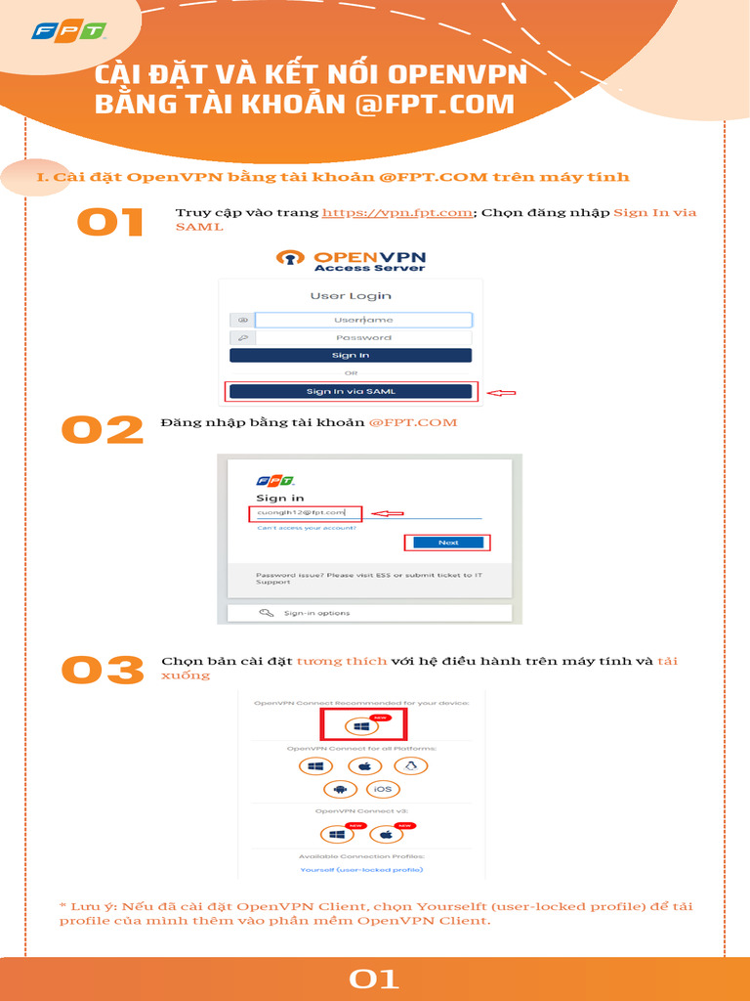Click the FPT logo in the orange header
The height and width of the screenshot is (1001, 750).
(x=67, y=31)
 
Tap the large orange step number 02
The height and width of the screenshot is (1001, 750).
(x=103, y=430)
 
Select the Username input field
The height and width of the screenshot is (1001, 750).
(x=363, y=320)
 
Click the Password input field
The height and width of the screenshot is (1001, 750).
(x=363, y=338)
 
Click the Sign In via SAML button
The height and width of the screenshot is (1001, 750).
(x=351, y=391)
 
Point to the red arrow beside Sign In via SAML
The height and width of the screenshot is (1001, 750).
(x=501, y=393)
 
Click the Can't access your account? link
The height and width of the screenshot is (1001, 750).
(x=306, y=528)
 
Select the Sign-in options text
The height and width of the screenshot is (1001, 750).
(x=316, y=613)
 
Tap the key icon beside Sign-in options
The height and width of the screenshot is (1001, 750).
(x=266, y=613)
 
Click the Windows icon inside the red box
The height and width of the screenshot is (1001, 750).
(x=361, y=726)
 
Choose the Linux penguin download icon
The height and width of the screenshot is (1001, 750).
(x=411, y=766)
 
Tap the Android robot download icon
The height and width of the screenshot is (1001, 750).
(x=341, y=789)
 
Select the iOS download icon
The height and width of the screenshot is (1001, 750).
(x=382, y=789)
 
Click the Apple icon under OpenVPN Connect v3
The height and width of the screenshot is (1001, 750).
(x=386, y=835)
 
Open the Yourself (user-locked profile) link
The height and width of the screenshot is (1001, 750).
(x=361, y=869)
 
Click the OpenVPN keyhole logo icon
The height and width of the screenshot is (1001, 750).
(x=291, y=258)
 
